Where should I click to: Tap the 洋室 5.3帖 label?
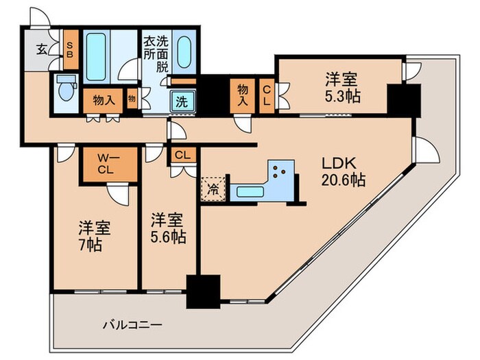[x=343, y=86]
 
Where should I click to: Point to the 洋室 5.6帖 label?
[x=167, y=229]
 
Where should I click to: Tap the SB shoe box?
[x=69, y=50]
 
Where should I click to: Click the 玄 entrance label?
[x=42, y=49]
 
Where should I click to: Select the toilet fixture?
[x=67, y=89]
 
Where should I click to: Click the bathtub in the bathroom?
[x=97, y=55]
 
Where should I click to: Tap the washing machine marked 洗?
[x=182, y=101]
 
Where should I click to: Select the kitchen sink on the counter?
[x=248, y=191]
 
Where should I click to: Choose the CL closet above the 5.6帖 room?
[x=182, y=155]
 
